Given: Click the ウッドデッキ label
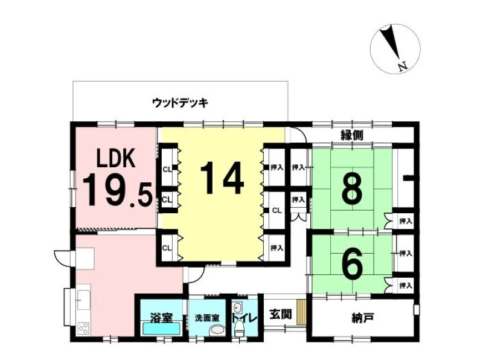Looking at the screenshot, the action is tap(180, 103).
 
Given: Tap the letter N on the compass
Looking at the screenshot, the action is tap(402, 66).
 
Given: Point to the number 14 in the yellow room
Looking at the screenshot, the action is tap(222, 178).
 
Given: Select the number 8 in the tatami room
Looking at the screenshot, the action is tap(352, 188).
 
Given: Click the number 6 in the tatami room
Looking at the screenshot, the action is tap(353, 263).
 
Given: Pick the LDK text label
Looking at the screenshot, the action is tap(116, 158).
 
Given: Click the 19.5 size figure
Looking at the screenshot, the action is tap(118, 190).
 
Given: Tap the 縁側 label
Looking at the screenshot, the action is tap(352, 135).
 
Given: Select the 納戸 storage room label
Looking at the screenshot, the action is tap(363, 318).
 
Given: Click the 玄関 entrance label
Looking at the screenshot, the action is tap(281, 314).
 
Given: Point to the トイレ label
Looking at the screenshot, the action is tap(245, 317).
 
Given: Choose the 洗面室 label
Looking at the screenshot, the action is tap(207, 318).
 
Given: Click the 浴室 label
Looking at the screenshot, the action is tap(161, 317).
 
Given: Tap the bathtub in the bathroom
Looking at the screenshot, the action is tap(161, 329).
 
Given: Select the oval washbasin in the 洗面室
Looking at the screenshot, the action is tap(217, 330).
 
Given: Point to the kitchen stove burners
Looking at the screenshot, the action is tap(83, 328).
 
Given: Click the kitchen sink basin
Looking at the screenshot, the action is tap(83, 299).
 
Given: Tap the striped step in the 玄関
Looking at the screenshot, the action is tap(301, 312).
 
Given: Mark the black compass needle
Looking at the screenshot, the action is tap(391, 42).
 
